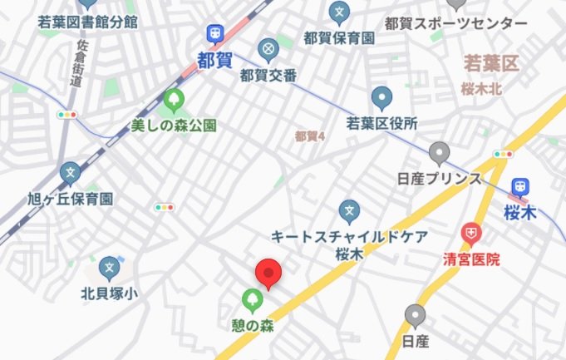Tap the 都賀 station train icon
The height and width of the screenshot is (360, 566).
tap(214, 32)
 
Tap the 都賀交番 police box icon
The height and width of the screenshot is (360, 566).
tap(268, 50)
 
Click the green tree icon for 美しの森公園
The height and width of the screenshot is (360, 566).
tap(174, 100)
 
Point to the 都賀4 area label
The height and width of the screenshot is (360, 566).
tap(309, 136)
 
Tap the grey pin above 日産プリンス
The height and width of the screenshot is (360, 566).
tap(439, 153)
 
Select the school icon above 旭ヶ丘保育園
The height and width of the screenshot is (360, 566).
tap(71, 173)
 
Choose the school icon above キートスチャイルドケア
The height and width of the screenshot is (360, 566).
tap(350, 210)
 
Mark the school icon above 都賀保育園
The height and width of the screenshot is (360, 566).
tap(339, 11)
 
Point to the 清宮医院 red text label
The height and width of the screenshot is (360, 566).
tap(471, 259)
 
